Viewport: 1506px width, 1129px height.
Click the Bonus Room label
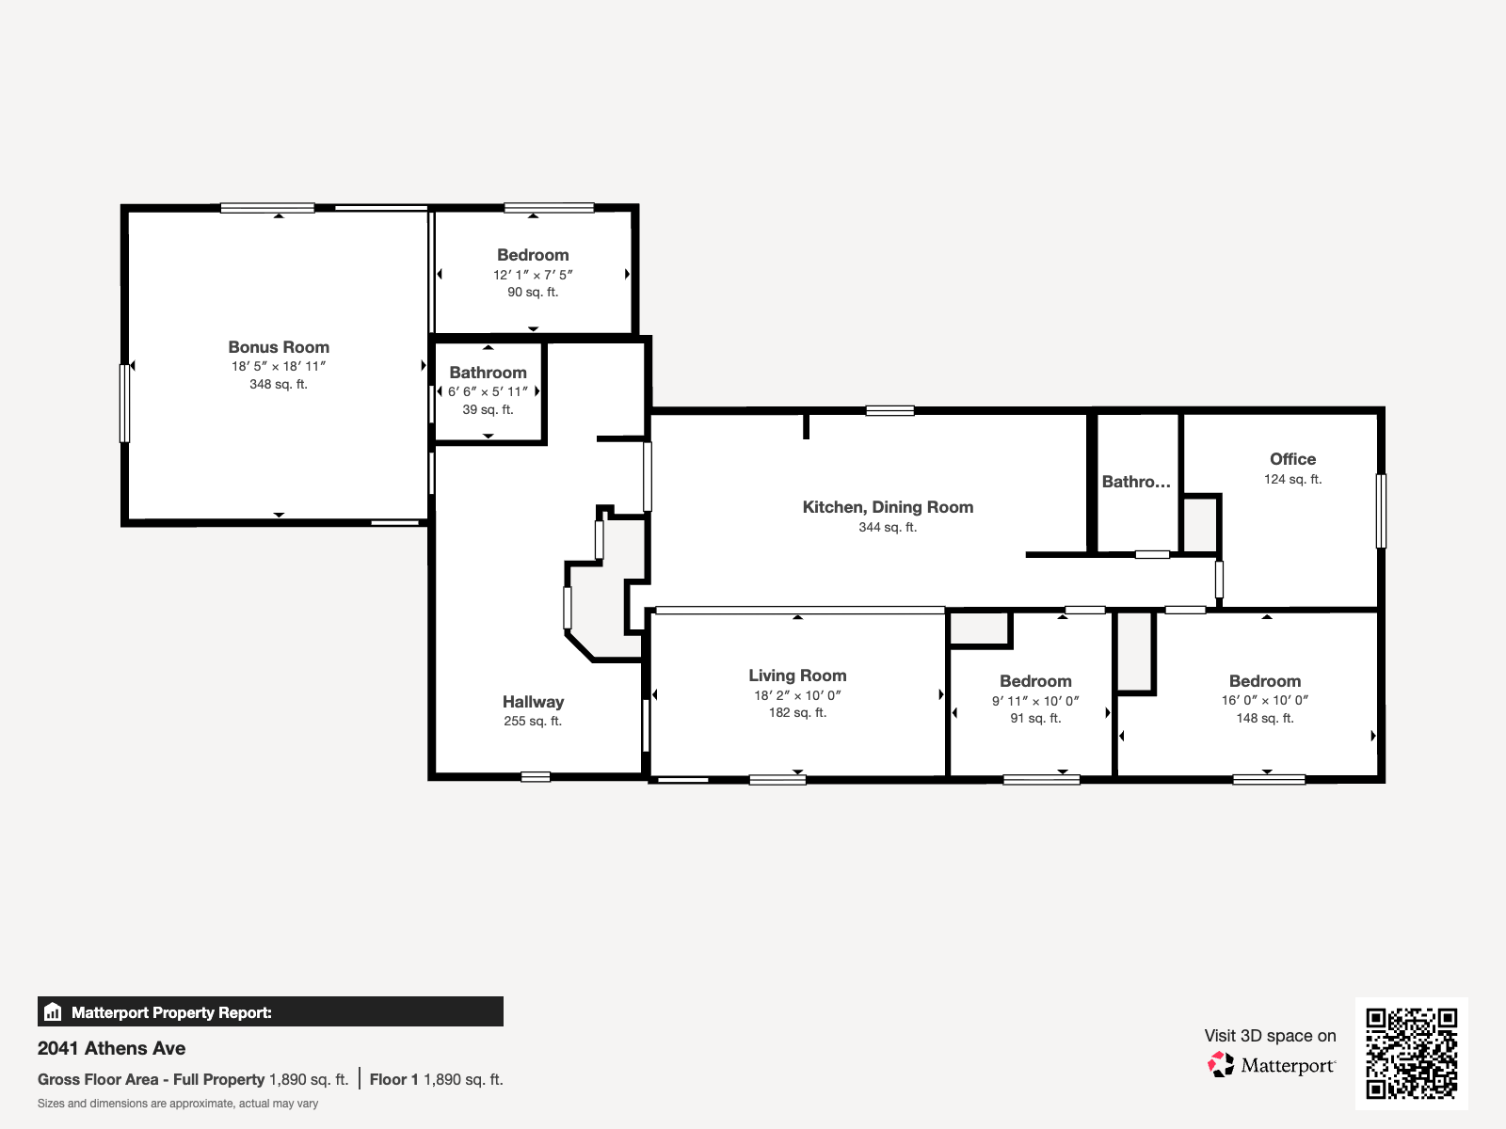(279, 347)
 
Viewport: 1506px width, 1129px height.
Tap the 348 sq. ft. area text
(279, 384)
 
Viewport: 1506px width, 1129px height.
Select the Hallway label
(533, 702)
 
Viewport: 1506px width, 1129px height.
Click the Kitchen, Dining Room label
(888, 507)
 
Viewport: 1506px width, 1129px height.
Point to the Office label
(1292, 459)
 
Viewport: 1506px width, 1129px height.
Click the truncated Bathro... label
(1136, 482)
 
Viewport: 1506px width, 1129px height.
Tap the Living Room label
(797, 676)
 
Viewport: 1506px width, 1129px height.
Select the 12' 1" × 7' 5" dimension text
(533, 275)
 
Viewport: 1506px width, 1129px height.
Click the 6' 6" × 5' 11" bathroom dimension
(488, 391)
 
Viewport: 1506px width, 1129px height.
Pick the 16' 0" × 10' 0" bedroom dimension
(1265, 700)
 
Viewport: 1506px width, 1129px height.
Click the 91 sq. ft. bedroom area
(1035, 718)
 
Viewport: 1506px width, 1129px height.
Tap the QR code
(1411, 1053)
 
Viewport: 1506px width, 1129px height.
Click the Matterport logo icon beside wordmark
(1221, 1065)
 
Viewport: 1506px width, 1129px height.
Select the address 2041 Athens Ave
(111, 1048)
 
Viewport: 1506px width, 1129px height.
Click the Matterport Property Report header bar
(270, 1012)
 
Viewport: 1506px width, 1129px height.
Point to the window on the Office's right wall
(1381, 511)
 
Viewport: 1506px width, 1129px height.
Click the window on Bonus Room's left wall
(124, 404)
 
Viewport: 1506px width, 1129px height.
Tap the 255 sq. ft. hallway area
(533, 721)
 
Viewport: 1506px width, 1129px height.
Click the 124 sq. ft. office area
(1292, 479)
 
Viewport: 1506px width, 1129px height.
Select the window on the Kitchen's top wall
(889, 410)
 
